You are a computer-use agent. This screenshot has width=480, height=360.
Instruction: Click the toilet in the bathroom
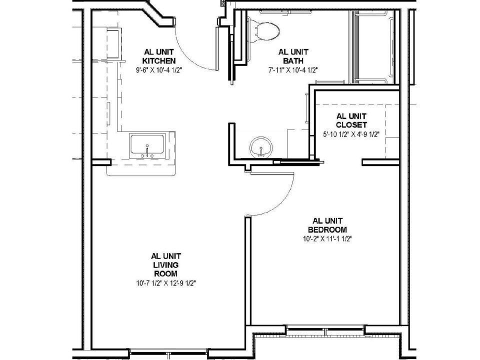point(263,29)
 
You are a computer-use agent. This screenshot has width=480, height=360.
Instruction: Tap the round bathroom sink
point(261,147)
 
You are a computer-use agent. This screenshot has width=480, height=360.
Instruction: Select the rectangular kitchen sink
point(147,146)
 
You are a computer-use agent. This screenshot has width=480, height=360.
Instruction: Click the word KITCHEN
point(159,60)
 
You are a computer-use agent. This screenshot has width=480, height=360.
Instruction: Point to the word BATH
point(293,60)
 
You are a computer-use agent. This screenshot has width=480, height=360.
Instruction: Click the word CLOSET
point(351,125)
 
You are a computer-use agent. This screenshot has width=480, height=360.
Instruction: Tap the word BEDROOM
point(327,229)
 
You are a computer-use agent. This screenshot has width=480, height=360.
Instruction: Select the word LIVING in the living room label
point(165,265)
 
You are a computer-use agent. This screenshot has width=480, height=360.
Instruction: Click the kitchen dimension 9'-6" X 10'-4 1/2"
point(159,70)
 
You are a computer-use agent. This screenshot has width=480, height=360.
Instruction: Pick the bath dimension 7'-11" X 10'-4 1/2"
point(293,70)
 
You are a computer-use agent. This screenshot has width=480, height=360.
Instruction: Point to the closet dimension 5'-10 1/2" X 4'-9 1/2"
point(351,134)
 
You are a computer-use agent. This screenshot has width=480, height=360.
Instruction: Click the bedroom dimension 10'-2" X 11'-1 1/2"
point(327,239)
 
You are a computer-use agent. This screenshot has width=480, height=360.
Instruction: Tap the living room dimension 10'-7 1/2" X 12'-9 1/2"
point(165,283)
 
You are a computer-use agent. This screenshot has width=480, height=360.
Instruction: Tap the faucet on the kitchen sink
point(147,151)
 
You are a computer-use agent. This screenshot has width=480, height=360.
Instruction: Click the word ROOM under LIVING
point(165,273)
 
